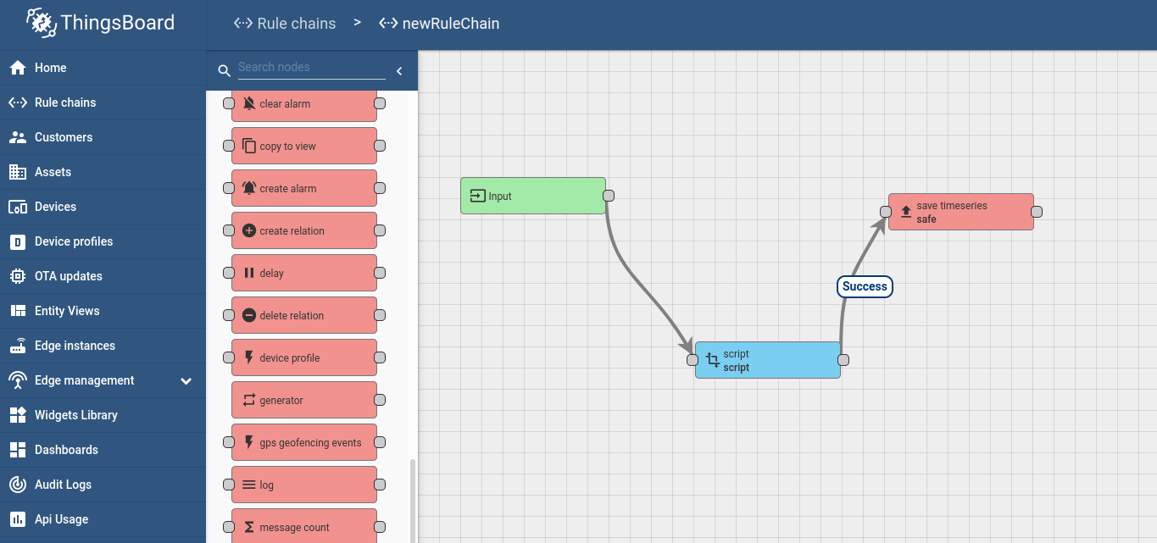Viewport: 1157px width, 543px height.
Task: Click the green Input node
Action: tap(532, 196)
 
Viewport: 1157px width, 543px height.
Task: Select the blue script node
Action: tap(768, 360)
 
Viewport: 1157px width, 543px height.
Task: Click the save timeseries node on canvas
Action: tap(960, 212)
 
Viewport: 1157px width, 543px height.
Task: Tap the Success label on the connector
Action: tap(865, 286)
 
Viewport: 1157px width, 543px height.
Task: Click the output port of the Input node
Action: tap(609, 196)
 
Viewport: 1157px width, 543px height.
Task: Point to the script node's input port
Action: tap(693, 360)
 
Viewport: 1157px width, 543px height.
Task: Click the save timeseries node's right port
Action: tap(1036, 212)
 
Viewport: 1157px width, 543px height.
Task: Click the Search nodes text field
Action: tap(311, 68)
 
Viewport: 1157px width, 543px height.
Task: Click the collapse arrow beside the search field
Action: tap(399, 71)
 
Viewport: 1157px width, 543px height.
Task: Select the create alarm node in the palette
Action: tap(304, 188)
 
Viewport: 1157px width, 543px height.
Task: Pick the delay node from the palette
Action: tap(304, 273)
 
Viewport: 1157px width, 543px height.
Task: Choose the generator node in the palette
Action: tap(304, 400)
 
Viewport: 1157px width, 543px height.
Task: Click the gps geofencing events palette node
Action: tap(304, 442)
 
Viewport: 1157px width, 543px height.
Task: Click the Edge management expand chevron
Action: tap(186, 381)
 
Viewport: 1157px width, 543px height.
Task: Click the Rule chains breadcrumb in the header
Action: tap(285, 23)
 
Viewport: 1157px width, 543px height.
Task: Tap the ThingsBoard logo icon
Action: tap(42, 22)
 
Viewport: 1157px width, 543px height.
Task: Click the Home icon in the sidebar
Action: tap(18, 68)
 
